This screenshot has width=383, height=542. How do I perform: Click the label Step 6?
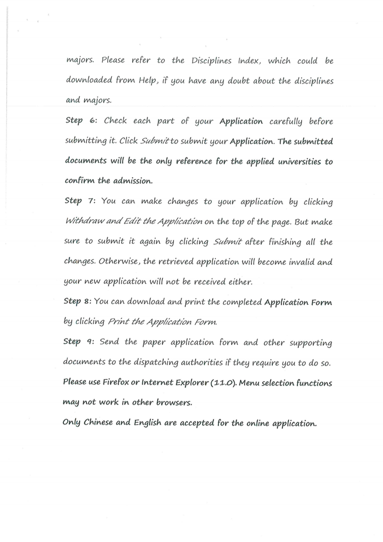coord(82,121)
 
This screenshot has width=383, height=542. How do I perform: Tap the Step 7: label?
coord(82,202)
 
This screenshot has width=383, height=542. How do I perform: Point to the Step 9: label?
coord(81,342)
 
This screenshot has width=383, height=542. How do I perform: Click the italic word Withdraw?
coord(86,222)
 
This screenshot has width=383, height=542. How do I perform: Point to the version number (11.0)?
coord(223,382)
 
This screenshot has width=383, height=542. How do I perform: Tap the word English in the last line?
coord(146,423)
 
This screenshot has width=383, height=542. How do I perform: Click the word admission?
coord(130,181)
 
